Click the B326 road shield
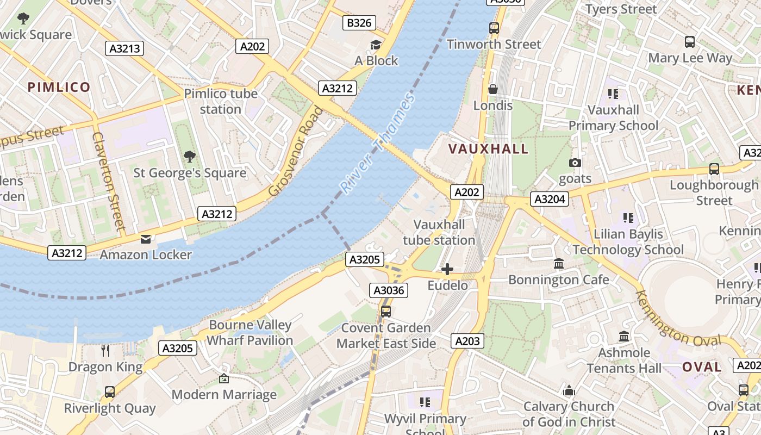pos(359,23)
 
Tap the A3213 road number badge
pos(125,48)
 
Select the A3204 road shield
pos(550,199)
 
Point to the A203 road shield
pos(467,341)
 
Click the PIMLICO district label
pos(59,87)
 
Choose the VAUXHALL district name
pos(488,149)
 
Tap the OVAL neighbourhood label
pos(702,367)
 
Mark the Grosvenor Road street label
pos(296,151)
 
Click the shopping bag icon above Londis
pos(493,89)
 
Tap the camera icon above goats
pos(575,163)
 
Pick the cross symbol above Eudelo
pos(447,269)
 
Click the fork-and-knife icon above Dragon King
pos(105,351)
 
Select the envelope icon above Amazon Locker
pos(146,239)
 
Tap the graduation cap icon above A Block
pos(376,45)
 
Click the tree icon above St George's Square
pos(190,157)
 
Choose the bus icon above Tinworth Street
pos(494,28)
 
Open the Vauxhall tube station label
pos(439,232)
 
